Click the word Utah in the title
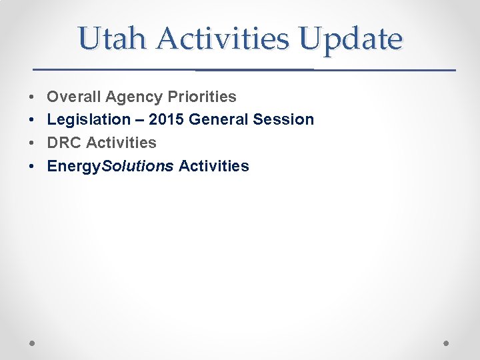(x=111, y=39)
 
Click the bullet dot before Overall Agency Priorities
(x=32, y=97)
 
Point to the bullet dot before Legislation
(x=32, y=120)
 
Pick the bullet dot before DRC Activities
(x=32, y=143)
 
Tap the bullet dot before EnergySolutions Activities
(x=32, y=167)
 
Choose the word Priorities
(x=202, y=97)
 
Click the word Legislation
(x=88, y=120)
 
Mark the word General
(x=219, y=120)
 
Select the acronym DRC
(x=64, y=143)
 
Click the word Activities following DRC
(x=121, y=143)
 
